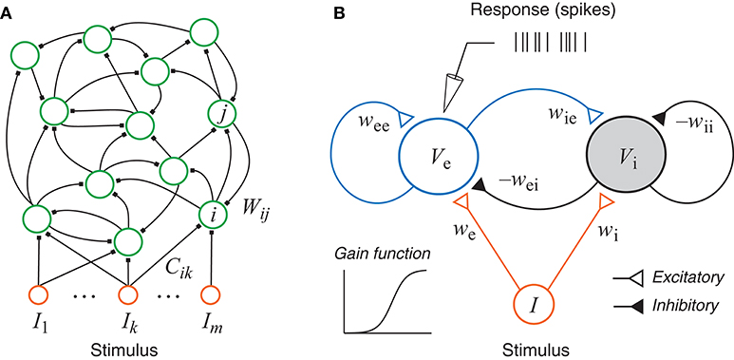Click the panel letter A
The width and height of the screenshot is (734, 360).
click(x=8, y=10)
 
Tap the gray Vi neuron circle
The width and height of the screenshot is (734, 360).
click(x=623, y=157)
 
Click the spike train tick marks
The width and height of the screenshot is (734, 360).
click(x=550, y=42)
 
